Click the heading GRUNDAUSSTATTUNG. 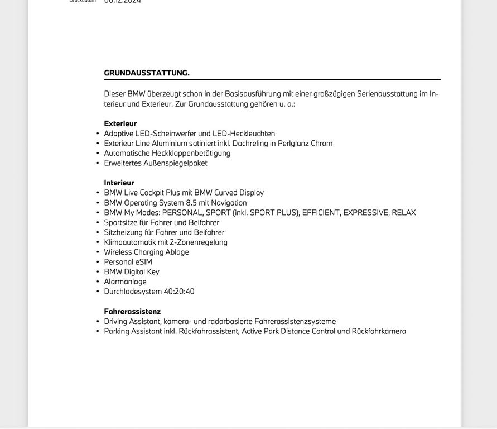147,73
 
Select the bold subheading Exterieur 120,123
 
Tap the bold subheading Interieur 119,183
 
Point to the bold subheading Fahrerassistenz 132,311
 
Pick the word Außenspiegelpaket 176,163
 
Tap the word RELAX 404,212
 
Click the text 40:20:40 179,292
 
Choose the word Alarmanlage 125,282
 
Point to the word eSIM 144,262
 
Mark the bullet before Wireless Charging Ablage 98,252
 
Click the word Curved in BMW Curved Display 226,193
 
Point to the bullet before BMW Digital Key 98,272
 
